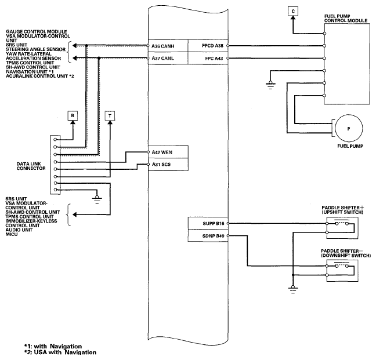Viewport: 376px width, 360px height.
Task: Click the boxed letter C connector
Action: click(x=293, y=11)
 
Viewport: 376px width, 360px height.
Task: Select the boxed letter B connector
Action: click(x=73, y=116)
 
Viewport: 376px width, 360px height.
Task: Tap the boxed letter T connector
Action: click(x=110, y=116)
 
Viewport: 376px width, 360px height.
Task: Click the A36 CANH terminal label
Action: click(x=163, y=46)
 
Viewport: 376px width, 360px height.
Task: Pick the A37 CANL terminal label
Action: click(x=163, y=58)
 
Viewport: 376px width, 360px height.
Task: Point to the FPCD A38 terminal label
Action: click(x=213, y=46)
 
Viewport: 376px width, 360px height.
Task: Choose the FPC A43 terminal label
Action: click(x=214, y=59)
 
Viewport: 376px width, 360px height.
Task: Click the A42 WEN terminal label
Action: click(x=162, y=152)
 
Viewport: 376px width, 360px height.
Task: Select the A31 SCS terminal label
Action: click(x=161, y=165)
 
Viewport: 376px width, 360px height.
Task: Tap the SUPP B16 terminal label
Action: click(x=214, y=223)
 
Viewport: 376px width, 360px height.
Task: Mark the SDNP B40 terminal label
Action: click(x=213, y=236)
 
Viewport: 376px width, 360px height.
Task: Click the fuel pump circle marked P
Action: click(x=349, y=129)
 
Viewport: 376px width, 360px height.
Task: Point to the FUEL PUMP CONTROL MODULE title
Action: click(x=346, y=19)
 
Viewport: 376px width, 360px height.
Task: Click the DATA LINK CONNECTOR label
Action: click(x=31, y=166)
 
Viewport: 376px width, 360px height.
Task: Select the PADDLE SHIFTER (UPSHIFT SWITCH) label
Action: click(x=343, y=210)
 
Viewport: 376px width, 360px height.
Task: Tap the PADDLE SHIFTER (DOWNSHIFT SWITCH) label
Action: click(x=346, y=253)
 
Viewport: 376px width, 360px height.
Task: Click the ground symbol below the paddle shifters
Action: click(x=293, y=289)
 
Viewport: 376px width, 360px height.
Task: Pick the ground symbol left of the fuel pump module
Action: click(x=270, y=85)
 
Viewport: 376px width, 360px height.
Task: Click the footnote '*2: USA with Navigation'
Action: click(x=60, y=352)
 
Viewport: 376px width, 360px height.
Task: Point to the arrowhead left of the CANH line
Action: click(x=75, y=46)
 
